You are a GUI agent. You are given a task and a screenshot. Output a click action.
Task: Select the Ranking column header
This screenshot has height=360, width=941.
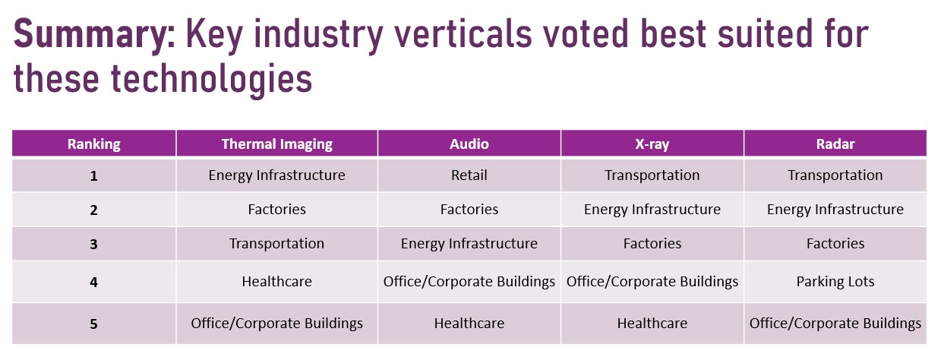click(93, 144)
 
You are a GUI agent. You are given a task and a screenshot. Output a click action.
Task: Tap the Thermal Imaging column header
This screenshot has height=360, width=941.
click(277, 144)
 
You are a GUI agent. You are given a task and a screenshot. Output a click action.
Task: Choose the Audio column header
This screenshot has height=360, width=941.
click(469, 144)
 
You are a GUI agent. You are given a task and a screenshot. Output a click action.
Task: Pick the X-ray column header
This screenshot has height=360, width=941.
click(652, 144)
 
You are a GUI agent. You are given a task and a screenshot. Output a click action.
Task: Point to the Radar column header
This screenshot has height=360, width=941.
click(835, 144)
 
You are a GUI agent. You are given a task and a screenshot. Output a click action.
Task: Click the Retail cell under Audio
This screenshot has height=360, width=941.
click(469, 175)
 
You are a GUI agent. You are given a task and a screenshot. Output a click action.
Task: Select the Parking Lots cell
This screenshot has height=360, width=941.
click(835, 282)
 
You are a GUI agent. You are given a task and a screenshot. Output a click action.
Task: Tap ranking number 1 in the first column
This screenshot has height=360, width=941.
click(93, 176)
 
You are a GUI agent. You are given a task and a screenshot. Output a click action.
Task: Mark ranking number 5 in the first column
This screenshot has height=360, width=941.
click(93, 324)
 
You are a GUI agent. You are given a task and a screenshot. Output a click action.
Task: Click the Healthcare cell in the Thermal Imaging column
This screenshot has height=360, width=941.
click(277, 282)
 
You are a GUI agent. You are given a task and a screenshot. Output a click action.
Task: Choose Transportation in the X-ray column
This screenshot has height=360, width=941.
click(652, 175)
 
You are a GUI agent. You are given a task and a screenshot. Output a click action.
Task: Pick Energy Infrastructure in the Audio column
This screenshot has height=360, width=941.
click(469, 244)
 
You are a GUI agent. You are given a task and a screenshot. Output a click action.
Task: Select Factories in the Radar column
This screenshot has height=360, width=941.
click(835, 244)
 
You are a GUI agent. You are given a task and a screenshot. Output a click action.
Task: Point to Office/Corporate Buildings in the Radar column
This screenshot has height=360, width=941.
click(835, 324)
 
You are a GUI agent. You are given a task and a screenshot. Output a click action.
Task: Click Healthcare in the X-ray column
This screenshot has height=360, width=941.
click(652, 324)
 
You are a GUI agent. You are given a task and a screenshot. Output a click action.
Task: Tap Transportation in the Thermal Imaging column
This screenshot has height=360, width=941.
click(277, 244)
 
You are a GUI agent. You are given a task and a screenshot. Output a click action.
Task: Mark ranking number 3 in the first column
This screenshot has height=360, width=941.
click(93, 245)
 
